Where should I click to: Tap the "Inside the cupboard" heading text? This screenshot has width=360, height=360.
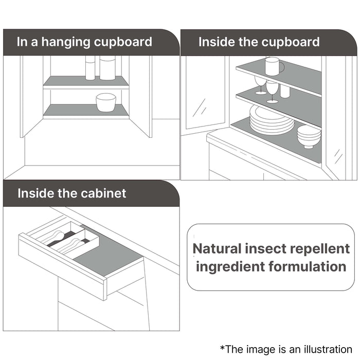259,42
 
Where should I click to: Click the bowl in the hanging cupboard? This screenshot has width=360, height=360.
106,102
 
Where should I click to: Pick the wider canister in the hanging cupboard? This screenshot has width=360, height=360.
107,68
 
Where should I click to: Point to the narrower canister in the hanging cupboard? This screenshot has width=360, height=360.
90,68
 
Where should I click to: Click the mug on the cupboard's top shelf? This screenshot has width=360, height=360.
273,66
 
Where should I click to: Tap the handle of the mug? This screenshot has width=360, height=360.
282,67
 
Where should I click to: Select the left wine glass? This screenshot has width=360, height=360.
261,85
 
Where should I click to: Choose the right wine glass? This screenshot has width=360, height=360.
272,91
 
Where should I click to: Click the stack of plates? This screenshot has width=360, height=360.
272,120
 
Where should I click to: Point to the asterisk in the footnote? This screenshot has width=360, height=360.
223,347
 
